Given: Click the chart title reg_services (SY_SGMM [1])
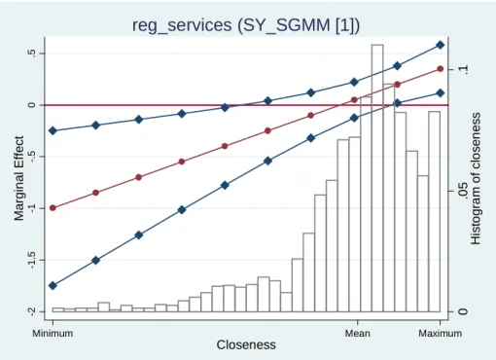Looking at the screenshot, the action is pos(246,25).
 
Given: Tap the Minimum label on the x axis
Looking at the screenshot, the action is pos(53,333).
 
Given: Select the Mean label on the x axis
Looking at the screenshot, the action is pos(358,333).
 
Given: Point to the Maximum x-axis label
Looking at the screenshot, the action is pos(441,333).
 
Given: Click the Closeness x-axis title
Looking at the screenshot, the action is pos(246,344).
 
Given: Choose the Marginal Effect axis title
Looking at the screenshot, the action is pos(19,178).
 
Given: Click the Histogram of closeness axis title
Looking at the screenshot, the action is pos(476,178).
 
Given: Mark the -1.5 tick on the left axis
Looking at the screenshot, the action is pos(31,260).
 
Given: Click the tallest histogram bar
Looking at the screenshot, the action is pos(377,178).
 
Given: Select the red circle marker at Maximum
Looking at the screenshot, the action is pos(441,69).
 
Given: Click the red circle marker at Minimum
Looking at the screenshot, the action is pos(53,208).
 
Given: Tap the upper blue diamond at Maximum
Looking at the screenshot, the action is pos(441,45).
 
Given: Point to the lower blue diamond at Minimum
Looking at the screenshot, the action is pos(53,286).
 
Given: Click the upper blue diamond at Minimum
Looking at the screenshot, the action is pos(53,130).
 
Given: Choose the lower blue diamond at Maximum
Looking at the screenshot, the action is pos(441,93).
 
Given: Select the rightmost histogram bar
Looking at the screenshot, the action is pos(435,211).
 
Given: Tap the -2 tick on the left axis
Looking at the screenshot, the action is pos(31,312).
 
